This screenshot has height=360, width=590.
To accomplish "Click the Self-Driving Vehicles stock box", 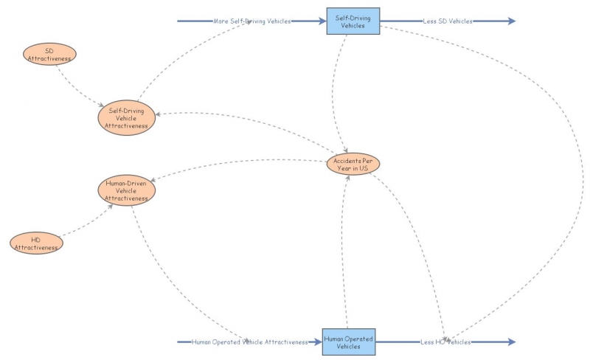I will coord(353,21).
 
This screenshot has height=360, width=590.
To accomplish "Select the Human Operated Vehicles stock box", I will coord(348,342).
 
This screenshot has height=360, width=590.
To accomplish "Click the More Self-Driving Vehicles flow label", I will coord(251,21).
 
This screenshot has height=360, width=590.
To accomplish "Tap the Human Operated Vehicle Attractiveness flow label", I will coord(249,342).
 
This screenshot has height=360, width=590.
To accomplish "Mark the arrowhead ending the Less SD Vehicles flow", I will coord(511,21).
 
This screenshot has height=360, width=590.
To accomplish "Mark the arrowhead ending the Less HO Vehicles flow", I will coord(511,342).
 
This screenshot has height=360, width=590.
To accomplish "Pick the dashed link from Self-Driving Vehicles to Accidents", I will coord(336,89).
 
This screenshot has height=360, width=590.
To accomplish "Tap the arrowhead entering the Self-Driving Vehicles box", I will coord(322,21).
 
